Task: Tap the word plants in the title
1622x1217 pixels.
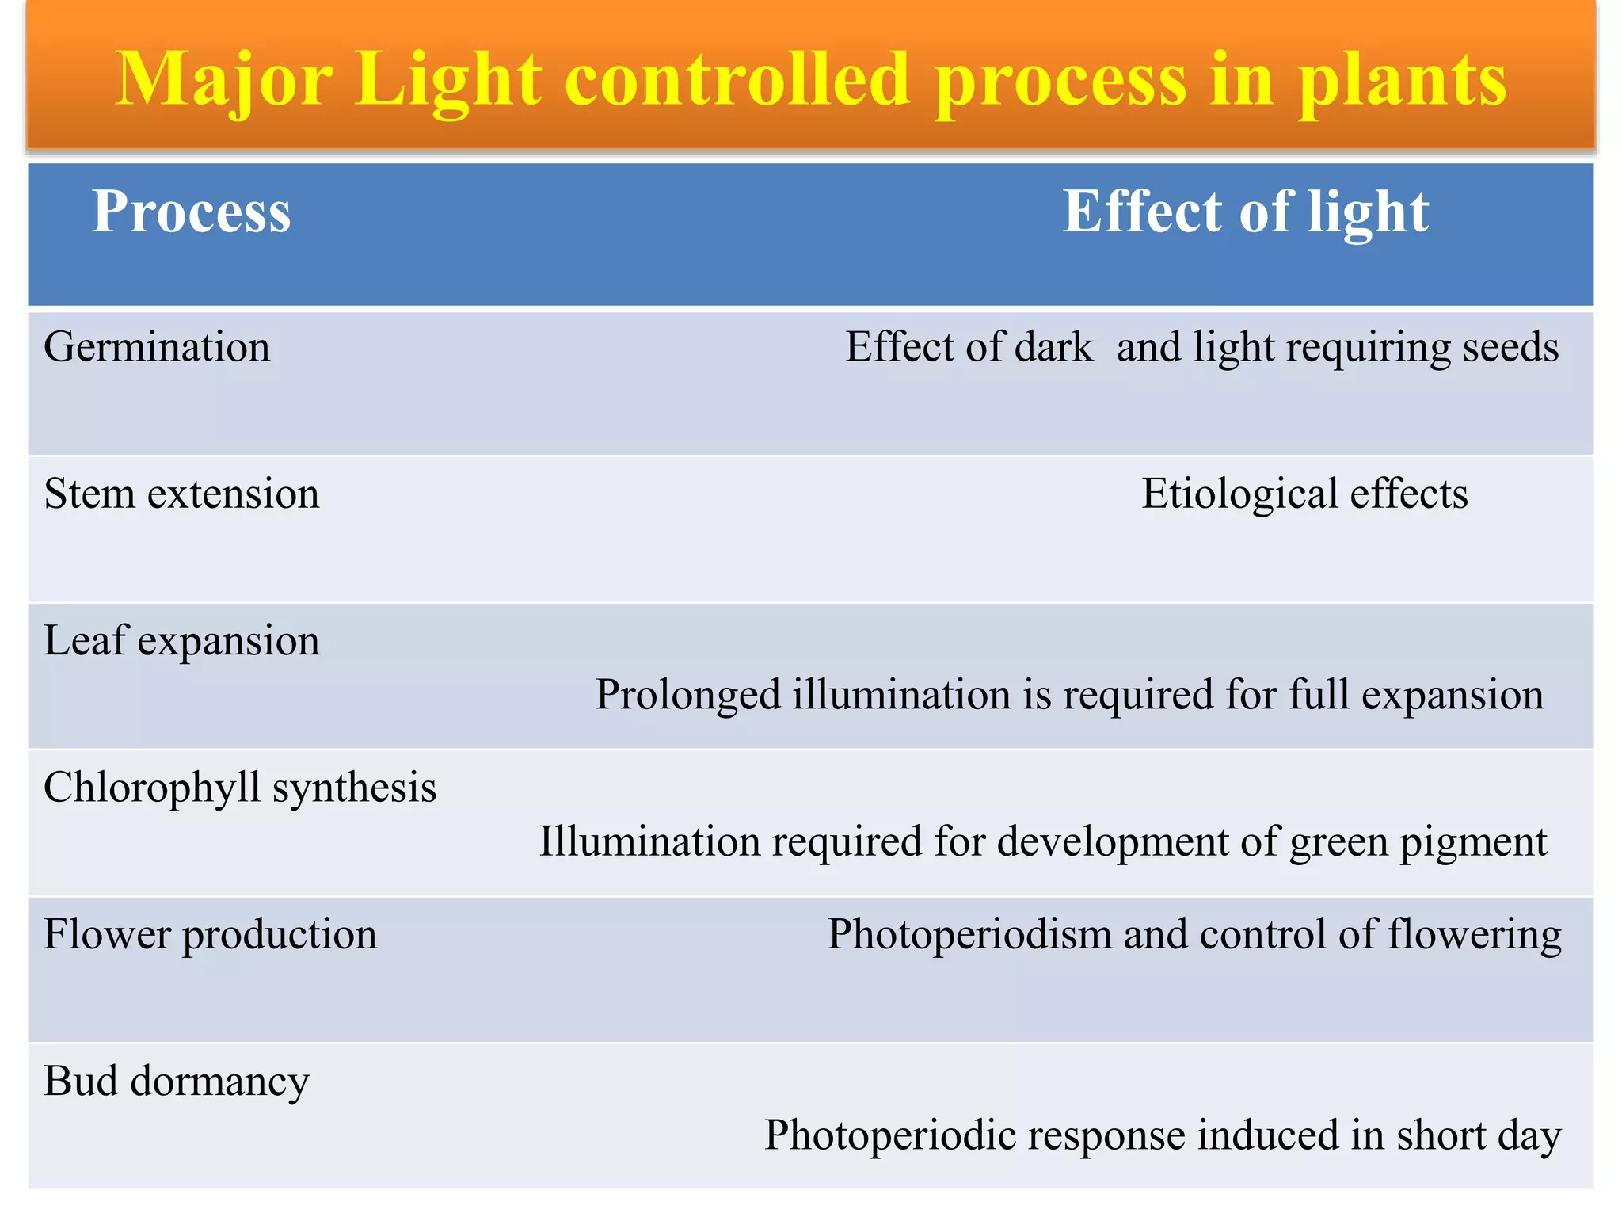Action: click(x=1402, y=79)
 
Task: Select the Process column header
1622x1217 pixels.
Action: click(x=192, y=212)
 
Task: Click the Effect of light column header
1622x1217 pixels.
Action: click(x=1245, y=212)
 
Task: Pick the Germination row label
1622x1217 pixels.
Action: click(x=157, y=347)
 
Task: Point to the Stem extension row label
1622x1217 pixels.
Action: click(x=181, y=494)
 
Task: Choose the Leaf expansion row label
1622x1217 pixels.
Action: click(x=181, y=640)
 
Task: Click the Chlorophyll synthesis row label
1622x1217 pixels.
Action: click(x=240, y=788)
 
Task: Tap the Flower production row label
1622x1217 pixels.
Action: click(x=210, y=934)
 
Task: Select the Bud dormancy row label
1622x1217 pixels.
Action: click(x=176, y=1081)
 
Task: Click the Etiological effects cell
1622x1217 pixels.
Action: click(x=1304, y=494)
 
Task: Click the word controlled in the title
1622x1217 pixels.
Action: click(x=737, y=79)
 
